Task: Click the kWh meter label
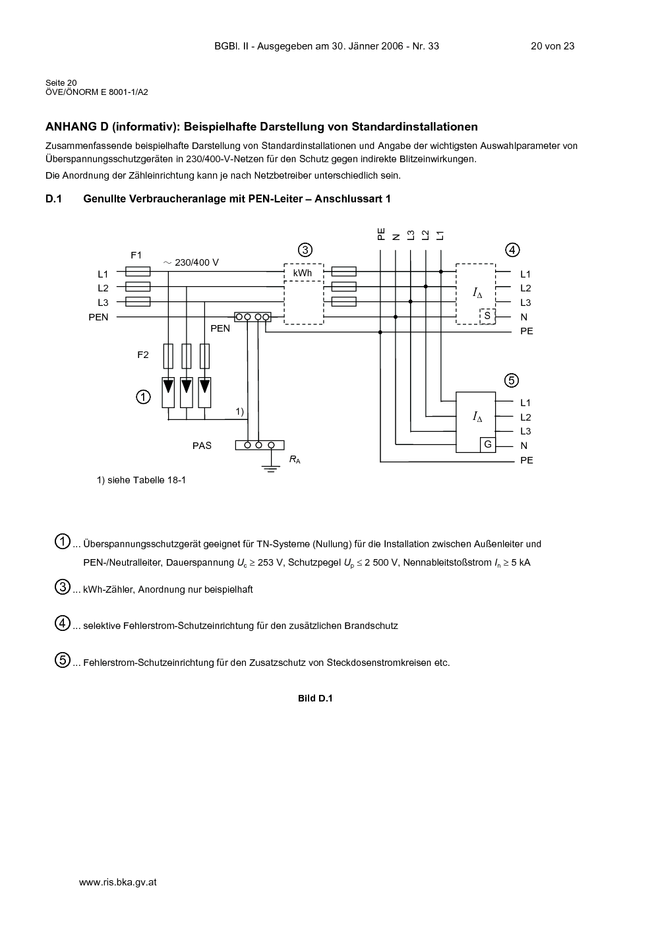[302, 273]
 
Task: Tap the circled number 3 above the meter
[305, 250]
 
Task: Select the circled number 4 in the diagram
[512, 250]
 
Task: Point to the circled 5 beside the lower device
[512, 380]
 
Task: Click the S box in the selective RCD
[487, 316]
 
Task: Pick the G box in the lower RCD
[488, 445]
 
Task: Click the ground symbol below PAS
[271, 468]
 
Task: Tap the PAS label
[202, 446]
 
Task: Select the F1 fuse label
[136, 255]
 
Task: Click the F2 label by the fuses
[143, 355]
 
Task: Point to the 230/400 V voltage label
[191, 262]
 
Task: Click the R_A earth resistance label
[295, 460]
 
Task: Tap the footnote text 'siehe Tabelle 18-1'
[146, 480]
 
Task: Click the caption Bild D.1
[315, 698]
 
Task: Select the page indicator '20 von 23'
[552, 46]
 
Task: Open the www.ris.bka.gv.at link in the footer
[117, 882]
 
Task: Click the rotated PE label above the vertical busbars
[380, 234]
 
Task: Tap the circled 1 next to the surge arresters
[143, 398]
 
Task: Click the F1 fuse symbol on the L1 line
[138, 272]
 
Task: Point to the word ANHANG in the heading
[71, 127]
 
